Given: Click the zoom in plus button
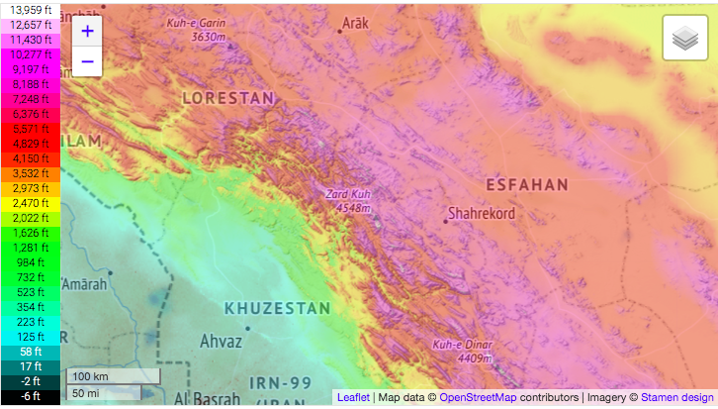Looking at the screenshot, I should pyautogui.click(x=87, y=31).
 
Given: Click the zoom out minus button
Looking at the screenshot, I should pyautogui.click(x=87, y=60).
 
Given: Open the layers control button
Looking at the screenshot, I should pyautogui.click(x=684, y=39).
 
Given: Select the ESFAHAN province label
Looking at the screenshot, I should pyautogui.click(x=527, y=184).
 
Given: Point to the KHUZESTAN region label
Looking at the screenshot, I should pyautogui.click(x=277, y=308).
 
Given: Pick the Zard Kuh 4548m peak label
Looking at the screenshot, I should pyautogui.click(x=348, y=201).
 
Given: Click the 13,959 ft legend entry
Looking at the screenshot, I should pyautogui.click(x=30, y=9).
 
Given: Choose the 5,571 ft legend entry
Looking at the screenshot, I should pyautogui.click(x=30, y=129).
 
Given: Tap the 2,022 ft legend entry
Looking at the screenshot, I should pyautogui.click(x=30, y=217).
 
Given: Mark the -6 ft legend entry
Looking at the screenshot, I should pyautogui.click(x=30, y=395).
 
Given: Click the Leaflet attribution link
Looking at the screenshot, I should pyautogui.click(x=353, y=397).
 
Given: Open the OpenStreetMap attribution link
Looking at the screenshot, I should pyautogui.click(x=478, y=397).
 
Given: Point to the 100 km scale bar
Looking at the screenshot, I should pyautogui.click(x=112, y=376).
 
